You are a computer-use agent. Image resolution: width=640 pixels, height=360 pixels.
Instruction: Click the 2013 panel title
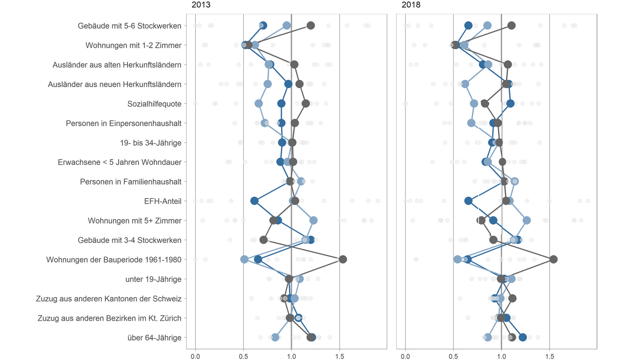tap(201, 5)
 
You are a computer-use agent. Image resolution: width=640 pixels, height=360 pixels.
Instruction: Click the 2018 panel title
tap(411, 5)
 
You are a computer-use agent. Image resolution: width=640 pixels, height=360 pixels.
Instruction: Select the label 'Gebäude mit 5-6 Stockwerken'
tap(129, 26)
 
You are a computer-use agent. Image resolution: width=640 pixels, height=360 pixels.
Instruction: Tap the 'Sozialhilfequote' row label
tap(154, 103)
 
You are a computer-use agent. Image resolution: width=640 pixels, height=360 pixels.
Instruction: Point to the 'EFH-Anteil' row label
tap(163, 201)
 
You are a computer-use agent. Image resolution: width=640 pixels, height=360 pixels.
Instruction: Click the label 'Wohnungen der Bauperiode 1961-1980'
tap(114, 260)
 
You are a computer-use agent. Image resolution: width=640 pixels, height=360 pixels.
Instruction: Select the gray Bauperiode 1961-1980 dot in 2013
tap(343, 259)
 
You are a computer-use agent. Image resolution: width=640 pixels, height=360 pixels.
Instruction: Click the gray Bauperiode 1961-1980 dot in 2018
tap(554, 259)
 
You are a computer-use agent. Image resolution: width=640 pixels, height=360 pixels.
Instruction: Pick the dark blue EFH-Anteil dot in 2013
tap(254, 201)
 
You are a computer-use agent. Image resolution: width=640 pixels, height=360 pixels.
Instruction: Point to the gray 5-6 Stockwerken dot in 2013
tap(310, 26)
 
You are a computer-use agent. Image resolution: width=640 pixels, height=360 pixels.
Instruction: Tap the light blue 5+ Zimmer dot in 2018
tap(526, 220)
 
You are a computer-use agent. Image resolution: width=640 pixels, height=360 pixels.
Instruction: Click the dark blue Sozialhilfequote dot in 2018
tap(510, 103)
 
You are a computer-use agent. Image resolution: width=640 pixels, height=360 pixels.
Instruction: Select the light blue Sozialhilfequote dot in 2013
tap(259, 103)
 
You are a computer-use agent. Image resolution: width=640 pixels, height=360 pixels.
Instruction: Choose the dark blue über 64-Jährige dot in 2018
tap(523, 337)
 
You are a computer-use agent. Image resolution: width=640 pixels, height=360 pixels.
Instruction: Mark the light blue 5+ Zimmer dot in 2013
tap(314, 220)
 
